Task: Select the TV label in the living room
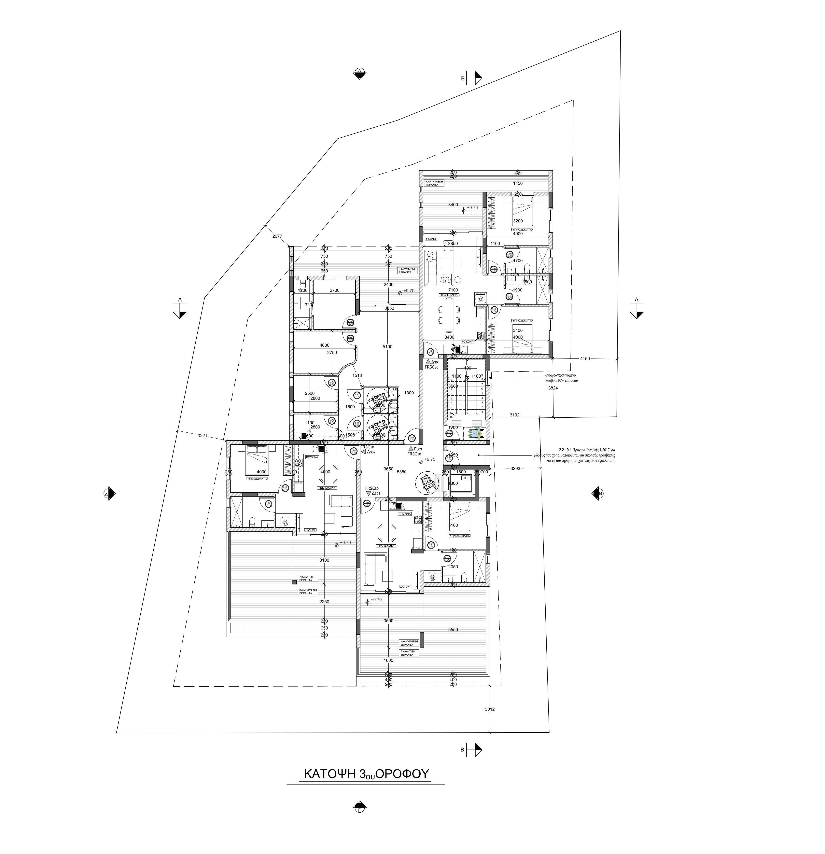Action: tap(478, 257)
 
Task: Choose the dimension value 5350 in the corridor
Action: tap(401, 471)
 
